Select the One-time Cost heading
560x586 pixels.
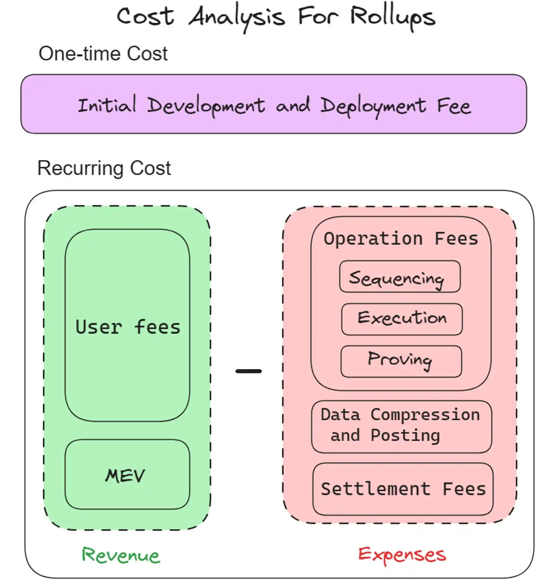(103, 54)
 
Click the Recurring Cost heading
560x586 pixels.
(104, 168)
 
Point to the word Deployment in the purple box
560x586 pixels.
(373, 106)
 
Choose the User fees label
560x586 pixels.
(128, 327)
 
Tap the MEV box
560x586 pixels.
(127, 475)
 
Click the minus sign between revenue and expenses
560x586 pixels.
(248, 371)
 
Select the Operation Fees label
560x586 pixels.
(401, 239)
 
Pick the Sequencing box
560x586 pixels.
(400, 277)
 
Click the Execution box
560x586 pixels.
(402, 319)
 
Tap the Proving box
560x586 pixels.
(401, 361)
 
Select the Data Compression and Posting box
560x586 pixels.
(401, 427)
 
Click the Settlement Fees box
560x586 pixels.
(403, 489)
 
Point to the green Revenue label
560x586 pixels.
(121, 555)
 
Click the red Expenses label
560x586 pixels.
(402, 555)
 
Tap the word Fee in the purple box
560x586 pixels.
(454, 106)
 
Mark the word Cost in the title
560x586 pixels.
(145, 17)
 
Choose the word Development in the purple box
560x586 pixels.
(206, 106)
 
